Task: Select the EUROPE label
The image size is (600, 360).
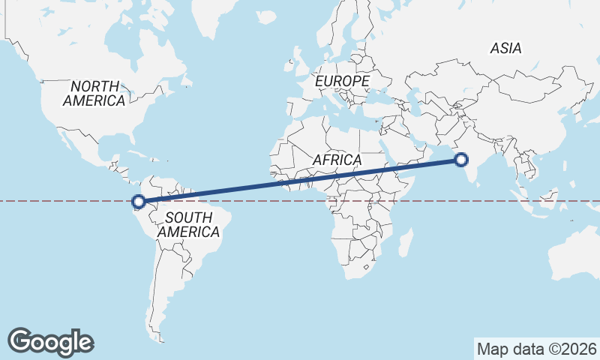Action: [x=343, y=80]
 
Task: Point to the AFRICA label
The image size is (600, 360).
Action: [x=337, y=160]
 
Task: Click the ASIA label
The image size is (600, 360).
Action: [x=505, y=48]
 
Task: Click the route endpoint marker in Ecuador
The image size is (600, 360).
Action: [x=138, y=201]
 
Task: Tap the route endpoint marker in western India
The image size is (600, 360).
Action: [x=461, y=159]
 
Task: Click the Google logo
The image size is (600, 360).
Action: [x=50, y=341]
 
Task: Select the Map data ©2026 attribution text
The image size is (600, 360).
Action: [x=537, y=349]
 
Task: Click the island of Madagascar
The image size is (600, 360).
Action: [x=405, y=242]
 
